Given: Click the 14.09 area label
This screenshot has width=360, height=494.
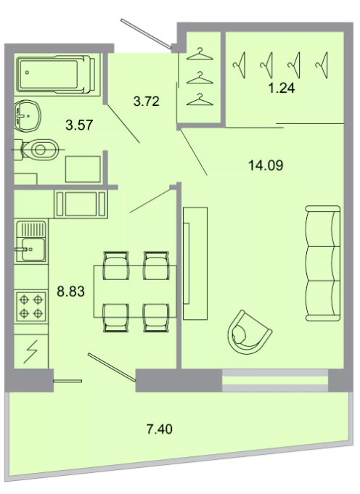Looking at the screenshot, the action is click(x=266, y=165).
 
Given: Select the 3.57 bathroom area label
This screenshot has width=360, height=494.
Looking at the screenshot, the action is click(x=79, y=125).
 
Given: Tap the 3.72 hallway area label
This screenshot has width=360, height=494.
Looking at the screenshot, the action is click(x=147, y=102).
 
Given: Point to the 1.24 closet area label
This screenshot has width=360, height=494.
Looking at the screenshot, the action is click(x=282, y=88).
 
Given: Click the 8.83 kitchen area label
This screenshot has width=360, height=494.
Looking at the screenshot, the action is click(x=70, y=292).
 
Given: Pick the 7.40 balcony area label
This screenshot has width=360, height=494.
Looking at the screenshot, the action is click(x=160, y=429).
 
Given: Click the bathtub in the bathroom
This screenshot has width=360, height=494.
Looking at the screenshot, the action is click(x=56, y=75).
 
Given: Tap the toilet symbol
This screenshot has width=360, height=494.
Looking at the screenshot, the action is click(x=37, y=149).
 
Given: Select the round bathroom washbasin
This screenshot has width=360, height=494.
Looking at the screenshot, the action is click(x=28, y=115).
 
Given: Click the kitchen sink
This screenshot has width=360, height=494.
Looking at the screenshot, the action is click(x=31, y=242).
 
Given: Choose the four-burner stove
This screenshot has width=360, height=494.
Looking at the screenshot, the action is click(x=31, y=306).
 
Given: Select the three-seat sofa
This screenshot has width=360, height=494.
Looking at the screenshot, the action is click(x=323, y=263).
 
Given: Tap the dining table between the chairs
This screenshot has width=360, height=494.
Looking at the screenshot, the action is click(x=135, y=292).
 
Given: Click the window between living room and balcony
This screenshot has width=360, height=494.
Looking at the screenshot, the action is click(x=275, y=381).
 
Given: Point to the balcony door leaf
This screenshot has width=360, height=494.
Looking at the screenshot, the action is click(x=112, y=367).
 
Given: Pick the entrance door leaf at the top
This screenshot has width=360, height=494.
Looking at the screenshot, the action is click(x=147, y=34).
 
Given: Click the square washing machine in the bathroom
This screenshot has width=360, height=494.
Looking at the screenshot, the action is click(x=83, y=169).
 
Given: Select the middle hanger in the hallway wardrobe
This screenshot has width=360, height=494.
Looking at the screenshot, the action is click(x=200, y=78).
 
